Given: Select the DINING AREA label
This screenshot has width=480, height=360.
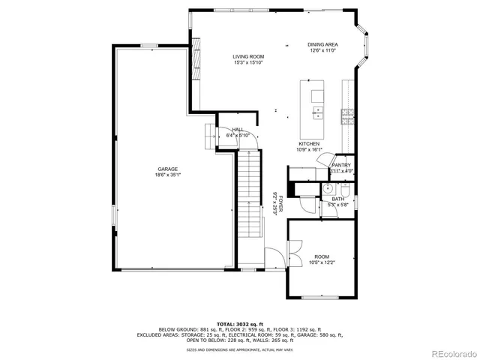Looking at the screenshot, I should pos(322,45).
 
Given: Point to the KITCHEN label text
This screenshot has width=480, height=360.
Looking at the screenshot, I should pos(310,143).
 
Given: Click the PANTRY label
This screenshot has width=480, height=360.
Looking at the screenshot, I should pos(342,165).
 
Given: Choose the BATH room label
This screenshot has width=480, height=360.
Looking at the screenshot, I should pos(338,199).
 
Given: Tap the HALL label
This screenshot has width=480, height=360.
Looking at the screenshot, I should pos(238,129).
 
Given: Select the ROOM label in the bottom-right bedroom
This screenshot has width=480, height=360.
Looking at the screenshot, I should pos(322,256).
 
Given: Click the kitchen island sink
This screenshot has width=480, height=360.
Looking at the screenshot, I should pos(318,112).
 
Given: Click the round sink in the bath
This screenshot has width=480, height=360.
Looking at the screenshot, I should pos(328,188).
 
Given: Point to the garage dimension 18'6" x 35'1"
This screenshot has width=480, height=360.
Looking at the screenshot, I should pos(169,175).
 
